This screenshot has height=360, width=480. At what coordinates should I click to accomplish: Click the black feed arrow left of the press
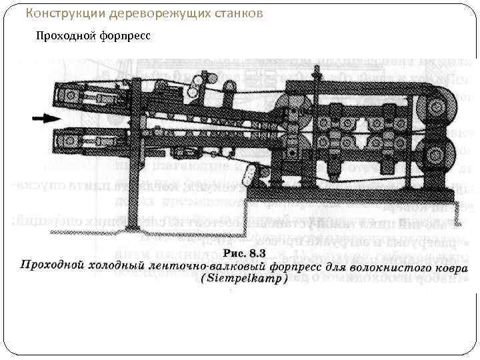click(41, 119)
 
